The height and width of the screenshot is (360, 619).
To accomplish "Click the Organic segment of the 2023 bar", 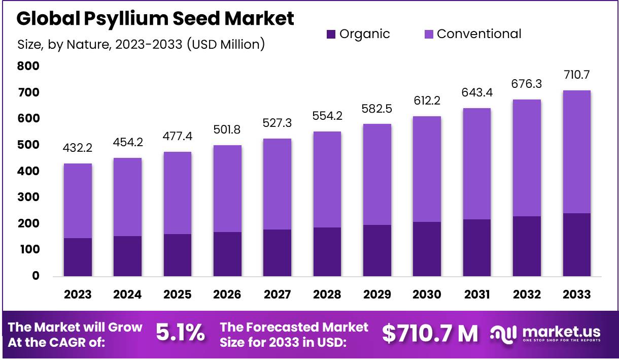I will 78,257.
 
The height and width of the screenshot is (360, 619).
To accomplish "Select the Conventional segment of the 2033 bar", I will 576,152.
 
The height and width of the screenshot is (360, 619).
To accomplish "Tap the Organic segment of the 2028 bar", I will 327,251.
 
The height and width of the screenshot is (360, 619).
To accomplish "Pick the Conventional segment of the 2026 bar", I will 227,188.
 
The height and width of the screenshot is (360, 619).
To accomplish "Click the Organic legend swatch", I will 331,35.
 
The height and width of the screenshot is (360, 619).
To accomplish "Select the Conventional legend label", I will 478,34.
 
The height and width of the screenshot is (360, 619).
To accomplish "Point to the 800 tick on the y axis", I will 28,66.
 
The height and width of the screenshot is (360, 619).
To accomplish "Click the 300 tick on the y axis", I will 28,197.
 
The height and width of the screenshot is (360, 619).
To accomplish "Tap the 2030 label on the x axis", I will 427,294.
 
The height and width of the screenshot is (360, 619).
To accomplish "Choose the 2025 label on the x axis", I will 178,294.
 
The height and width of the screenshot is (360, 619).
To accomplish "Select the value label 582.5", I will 377,109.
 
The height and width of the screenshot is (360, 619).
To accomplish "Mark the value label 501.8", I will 227,130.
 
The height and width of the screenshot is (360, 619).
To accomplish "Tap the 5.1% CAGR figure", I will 180,334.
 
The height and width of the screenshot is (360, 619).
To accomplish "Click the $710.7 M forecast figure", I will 430,334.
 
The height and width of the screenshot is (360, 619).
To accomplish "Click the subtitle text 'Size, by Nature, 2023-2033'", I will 99,44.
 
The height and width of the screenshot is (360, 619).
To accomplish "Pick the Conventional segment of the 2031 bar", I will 477,163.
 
